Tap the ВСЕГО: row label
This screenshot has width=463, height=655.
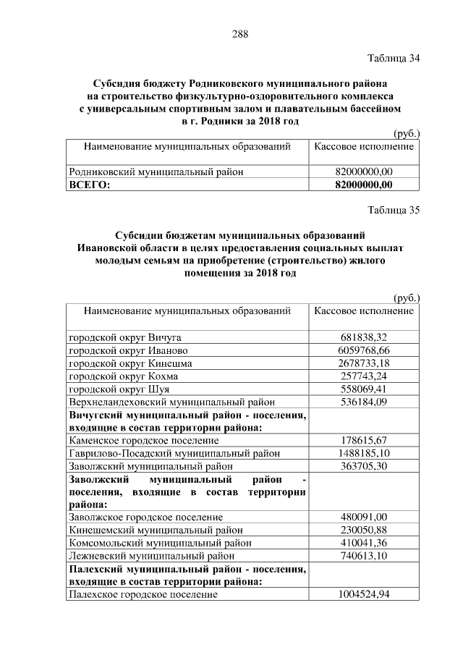(89, 185)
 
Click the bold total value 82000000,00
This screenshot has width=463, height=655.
(364, 185)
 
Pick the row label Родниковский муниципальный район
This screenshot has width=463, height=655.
(156, 172)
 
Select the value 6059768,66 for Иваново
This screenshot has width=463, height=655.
(364, 350)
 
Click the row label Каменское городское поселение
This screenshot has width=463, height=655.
(143, 440)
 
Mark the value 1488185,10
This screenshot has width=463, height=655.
(364, 453)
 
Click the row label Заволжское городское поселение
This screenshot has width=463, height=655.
(145, 517)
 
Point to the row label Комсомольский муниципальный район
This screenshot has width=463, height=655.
(160, 543)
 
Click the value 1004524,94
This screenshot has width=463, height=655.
(364, 594)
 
